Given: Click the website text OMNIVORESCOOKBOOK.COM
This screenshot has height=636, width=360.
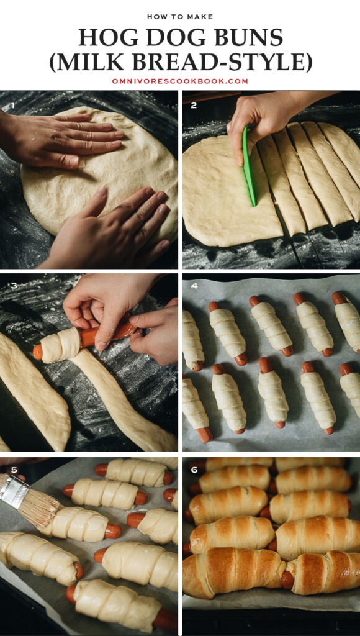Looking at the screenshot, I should (180, 81).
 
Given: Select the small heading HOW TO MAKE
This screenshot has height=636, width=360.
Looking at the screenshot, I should (180, 16).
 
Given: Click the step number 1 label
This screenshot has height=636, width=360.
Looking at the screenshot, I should (11, 106).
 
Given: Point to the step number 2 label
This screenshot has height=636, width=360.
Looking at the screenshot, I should (194, 106).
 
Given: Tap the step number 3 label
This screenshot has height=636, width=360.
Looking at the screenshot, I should (11, 286).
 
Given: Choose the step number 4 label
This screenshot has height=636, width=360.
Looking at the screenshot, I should (194, 286).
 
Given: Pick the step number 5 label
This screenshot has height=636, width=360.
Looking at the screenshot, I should (11, 470).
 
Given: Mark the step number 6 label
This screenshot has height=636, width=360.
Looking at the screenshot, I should (194, 470).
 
